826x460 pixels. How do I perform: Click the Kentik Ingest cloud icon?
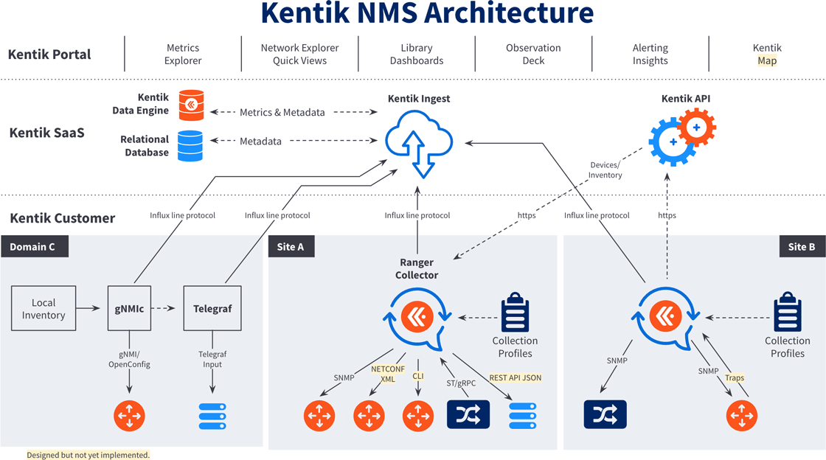pos(419,140)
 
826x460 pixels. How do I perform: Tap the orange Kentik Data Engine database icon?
pos(192,105)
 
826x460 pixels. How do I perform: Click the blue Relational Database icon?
pos(190,146)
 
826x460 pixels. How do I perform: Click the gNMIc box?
pos(130,309)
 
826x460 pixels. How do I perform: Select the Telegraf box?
pos(212,309)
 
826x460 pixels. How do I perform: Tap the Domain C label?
pos(34,246)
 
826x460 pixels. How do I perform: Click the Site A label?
pos(291,246)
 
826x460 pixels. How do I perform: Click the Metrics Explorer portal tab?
pos(183,55)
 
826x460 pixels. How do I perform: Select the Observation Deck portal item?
pos(533,55)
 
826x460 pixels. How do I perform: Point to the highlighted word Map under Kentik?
pos(767,61)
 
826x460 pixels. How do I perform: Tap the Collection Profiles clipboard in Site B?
pos(787,313)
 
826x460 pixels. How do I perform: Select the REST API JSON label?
pos(515,377)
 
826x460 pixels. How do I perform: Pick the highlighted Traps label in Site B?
pos(735,377)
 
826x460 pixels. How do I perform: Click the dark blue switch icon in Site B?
pos(605,415)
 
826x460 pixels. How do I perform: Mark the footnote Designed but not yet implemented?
pos(88,455)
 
